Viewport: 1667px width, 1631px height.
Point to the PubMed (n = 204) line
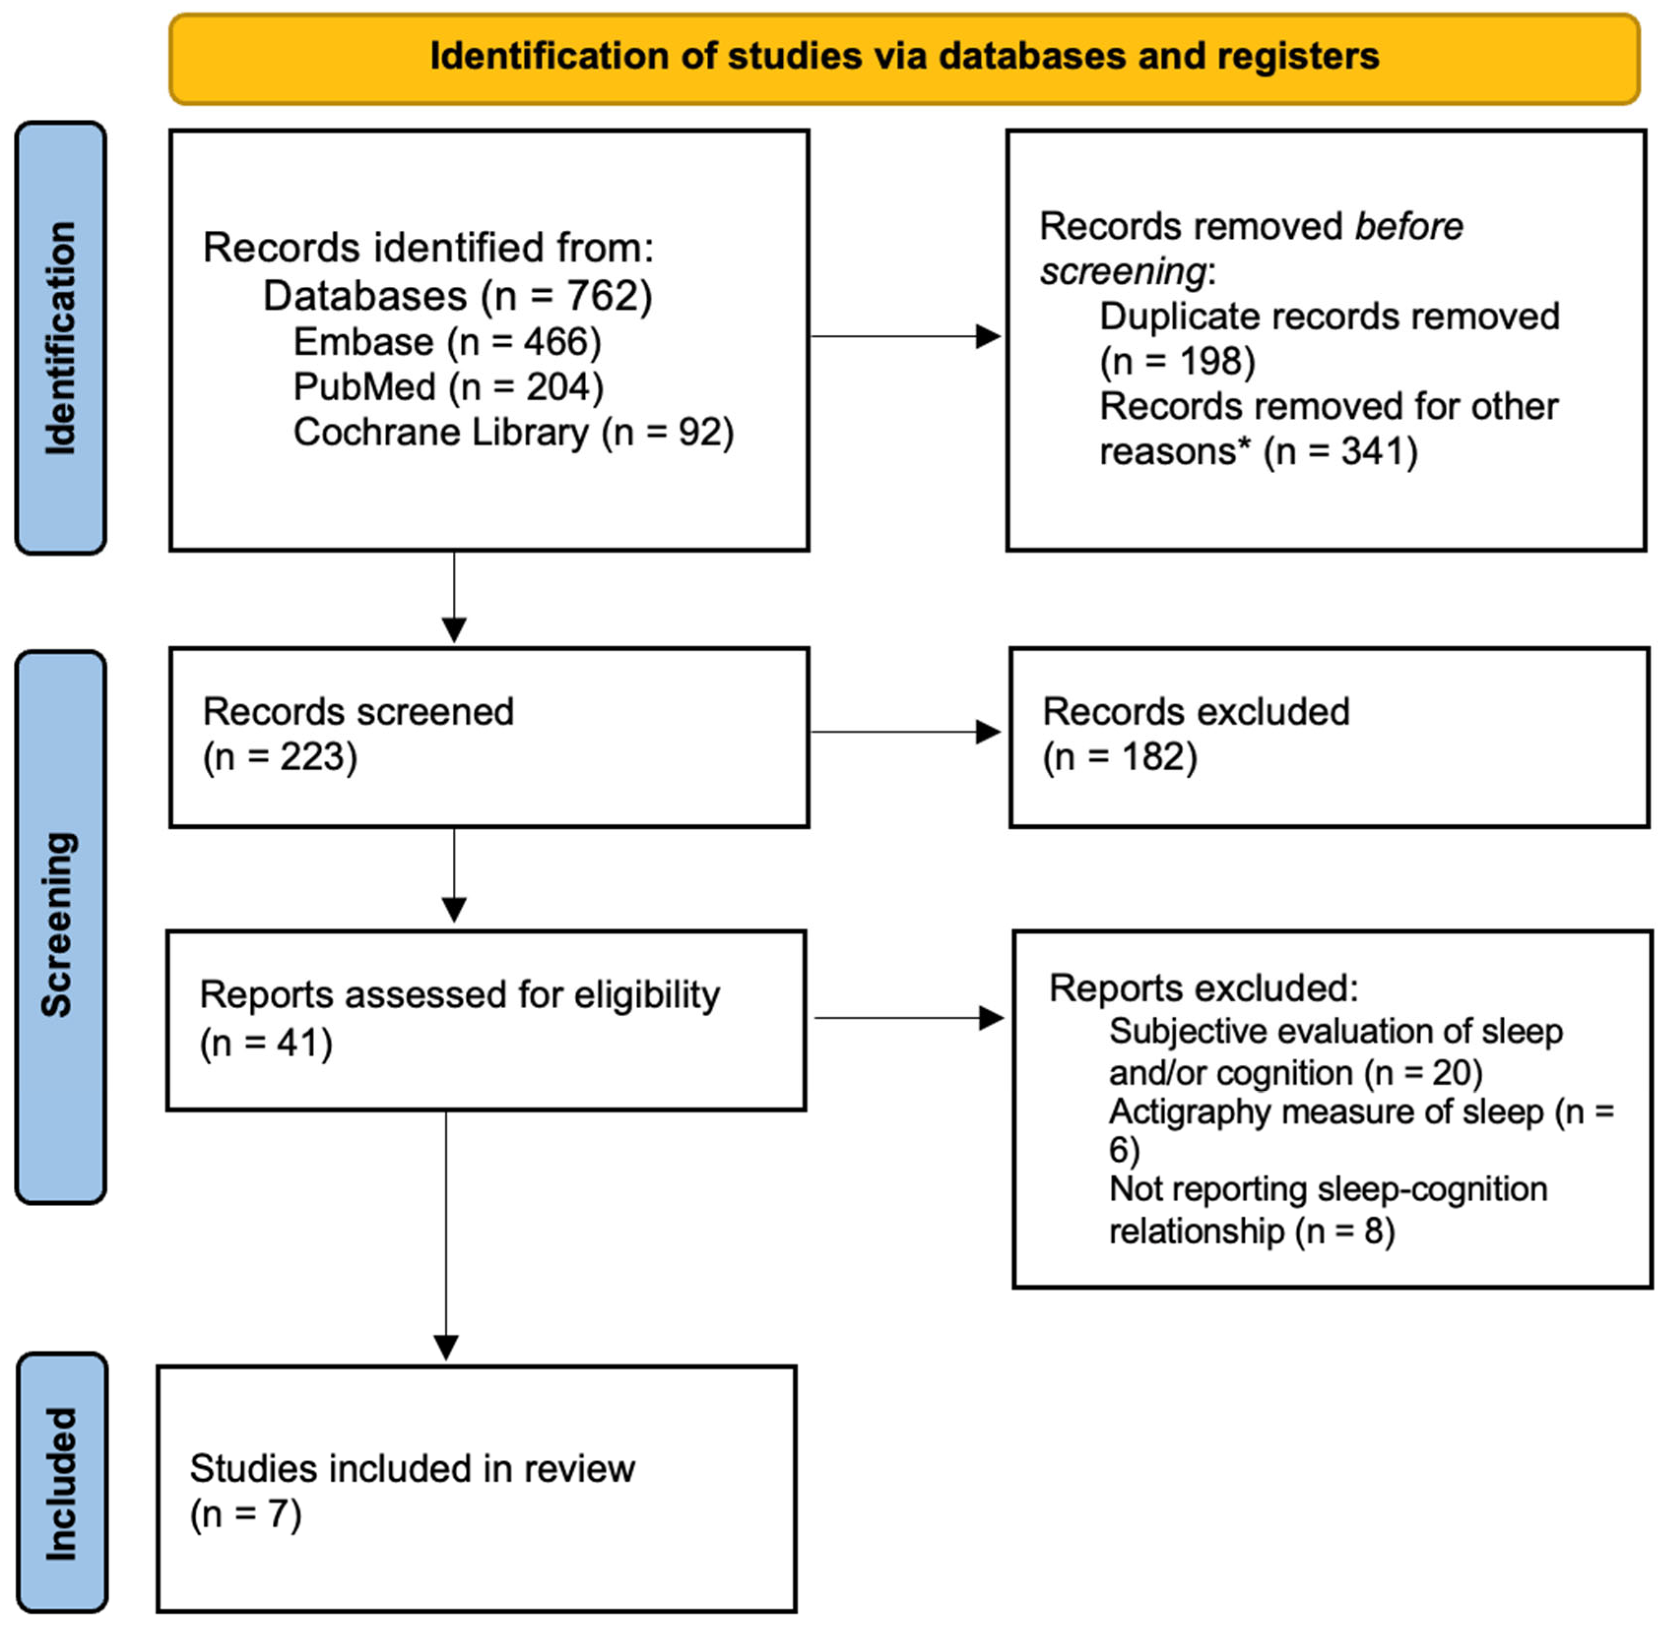coord(448,387)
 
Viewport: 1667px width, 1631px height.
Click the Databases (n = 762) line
coord(457,296)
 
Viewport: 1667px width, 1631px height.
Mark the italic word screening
coord(1122,272)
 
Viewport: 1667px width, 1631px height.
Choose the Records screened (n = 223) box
coord(489,736)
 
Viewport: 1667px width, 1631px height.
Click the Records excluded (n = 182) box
coord(1329,736)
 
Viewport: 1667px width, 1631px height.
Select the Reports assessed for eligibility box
coord(486,1020)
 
